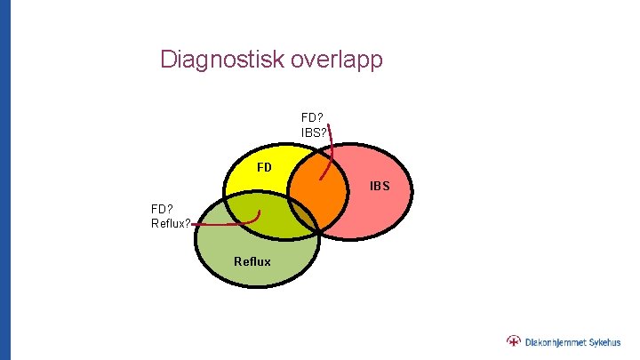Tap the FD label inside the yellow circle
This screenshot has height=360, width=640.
[264, 166]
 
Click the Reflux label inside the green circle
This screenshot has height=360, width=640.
[252, 261]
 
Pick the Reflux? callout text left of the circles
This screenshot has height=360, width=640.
[171, 222]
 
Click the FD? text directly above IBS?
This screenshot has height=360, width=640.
[313, 116]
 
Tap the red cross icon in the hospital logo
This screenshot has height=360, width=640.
[514, 340]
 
